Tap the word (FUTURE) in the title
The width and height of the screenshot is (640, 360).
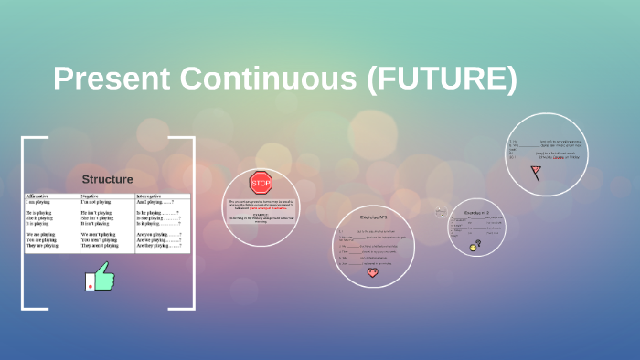pyautogui.click(x=442, y=79)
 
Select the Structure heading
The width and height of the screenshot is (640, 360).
pyautogui.click(x=107, y=179)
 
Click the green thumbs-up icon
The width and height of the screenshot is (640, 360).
pyautogui.click(x=101, y=277)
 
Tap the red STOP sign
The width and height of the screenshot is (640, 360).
pyautogui.click(x=261, y=182)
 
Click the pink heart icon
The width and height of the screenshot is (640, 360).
pyautogui.click(x=372, y=272)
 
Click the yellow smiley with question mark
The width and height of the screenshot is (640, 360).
pyautogui.click(x=474, y=247)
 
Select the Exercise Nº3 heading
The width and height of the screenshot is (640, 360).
pyautogui.click(x=373, y=217)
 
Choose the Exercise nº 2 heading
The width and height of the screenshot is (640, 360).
pyautogui.click(x=476, y=212)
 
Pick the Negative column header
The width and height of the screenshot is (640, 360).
pyautogui.click(x=91, y=196)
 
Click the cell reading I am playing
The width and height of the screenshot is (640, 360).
pyautogui.click(x=40, y=201)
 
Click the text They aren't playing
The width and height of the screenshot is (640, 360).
pyautogui.click(x=101, y=246)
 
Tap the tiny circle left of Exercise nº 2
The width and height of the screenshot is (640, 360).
pyautogui.click(x=442, y=212)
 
